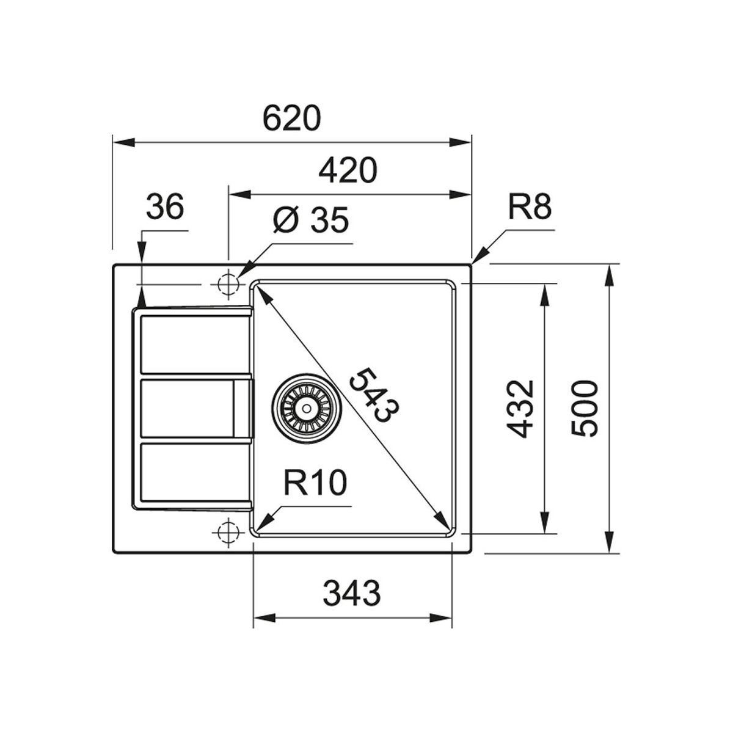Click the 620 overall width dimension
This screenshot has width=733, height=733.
click(x=292, y=119)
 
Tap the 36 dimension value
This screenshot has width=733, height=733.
click(x=165, y=206)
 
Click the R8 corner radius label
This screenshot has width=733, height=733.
click(x=530, y=207)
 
